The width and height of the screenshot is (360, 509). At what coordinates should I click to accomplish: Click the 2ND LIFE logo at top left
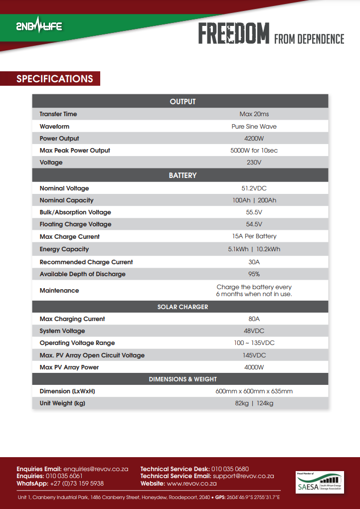pos(39,26)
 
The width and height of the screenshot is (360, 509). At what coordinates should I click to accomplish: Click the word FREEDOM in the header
pos(234,34)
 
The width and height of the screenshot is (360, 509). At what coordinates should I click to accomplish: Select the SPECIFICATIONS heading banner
pos(55,79)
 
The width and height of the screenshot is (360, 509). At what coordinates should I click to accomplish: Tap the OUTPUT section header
pos(182,102)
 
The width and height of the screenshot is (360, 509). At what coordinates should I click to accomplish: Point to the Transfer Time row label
pos(58,114)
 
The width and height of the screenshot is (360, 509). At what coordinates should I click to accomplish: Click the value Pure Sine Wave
pos(254,127)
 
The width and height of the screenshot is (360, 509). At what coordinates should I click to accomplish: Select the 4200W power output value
pos(254,139)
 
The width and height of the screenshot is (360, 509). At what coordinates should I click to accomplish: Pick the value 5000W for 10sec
pos(254,151)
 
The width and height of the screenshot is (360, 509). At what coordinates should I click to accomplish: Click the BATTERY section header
pos(182,175)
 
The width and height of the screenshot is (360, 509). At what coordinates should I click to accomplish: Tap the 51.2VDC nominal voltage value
pos(254,188)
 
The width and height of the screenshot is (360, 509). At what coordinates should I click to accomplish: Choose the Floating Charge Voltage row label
pos(75,224)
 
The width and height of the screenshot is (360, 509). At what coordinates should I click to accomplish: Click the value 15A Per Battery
pos(254,236)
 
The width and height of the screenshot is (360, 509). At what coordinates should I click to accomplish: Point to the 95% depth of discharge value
pos(254,274)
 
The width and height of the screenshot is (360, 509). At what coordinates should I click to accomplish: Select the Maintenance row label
pos(59,291)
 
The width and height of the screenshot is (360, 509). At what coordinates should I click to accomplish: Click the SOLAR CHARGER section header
pos(182,307)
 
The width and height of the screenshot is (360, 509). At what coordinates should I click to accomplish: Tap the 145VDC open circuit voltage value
pos(254,355)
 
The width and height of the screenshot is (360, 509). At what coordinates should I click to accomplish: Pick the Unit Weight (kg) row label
pos(62,403)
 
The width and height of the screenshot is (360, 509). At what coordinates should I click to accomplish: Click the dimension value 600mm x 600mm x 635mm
pos(254,391)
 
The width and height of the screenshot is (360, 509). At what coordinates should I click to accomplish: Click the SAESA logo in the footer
pos(320,483)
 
